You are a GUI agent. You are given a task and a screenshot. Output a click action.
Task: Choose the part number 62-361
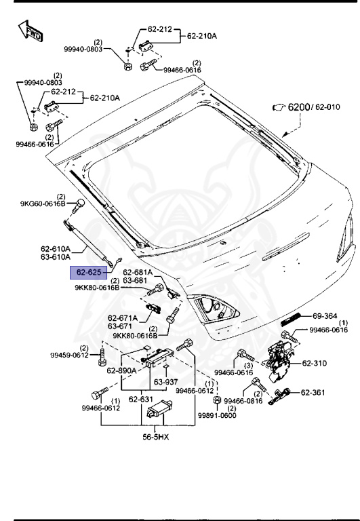pyautogui.click(x=315, y=392)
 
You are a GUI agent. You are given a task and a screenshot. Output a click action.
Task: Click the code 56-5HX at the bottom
pyautogui.click(x=155, y=436)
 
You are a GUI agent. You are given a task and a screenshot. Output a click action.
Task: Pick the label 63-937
pyautogui.click(x=164, y=382)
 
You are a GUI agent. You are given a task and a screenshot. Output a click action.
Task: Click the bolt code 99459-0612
pyautogui.click(x=69, y=355)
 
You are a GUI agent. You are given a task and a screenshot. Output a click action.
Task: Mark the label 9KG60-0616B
pyautogui.click(x=42, y=204)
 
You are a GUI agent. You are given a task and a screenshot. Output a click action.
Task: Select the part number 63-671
pyautogui.click(x=122, y=326)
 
